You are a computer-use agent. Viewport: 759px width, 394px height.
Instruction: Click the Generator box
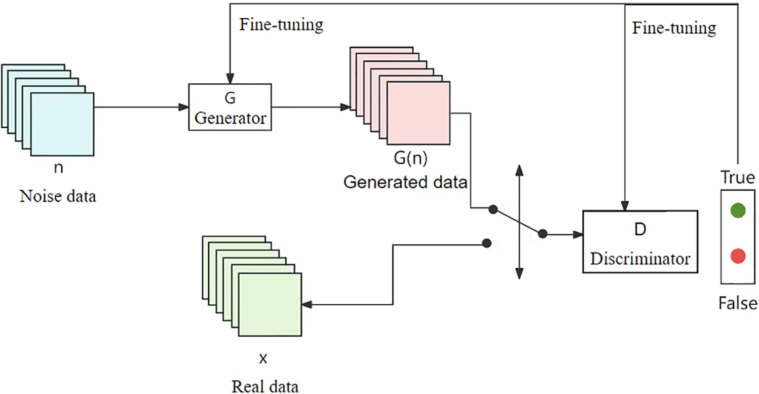pos(230,107)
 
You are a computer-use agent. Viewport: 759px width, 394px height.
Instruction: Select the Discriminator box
pos(640,242)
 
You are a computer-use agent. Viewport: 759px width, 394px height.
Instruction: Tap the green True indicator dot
pos(738,210)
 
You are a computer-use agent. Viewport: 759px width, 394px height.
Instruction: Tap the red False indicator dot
pos(738,257)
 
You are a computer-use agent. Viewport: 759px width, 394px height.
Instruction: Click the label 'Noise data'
pos(58,196)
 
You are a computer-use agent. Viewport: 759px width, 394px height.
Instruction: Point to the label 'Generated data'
pos(405,182)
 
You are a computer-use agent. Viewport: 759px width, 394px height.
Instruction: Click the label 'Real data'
pos(265,386)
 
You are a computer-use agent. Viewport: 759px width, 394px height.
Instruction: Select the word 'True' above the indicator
pos(738,177)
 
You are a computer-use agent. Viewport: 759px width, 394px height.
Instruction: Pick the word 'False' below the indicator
pos(738,303)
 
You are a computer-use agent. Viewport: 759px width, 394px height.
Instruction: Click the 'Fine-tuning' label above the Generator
pos(281,24)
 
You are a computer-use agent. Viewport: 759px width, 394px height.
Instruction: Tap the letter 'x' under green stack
pos(263,360)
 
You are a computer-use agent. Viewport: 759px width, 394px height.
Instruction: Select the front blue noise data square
pos(62,124)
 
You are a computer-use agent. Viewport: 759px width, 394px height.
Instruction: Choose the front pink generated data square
pos(418,114)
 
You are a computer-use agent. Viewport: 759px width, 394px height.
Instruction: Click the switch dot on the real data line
pos(486,243)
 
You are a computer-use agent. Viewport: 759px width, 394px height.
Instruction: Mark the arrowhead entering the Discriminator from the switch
pos(578,234)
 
